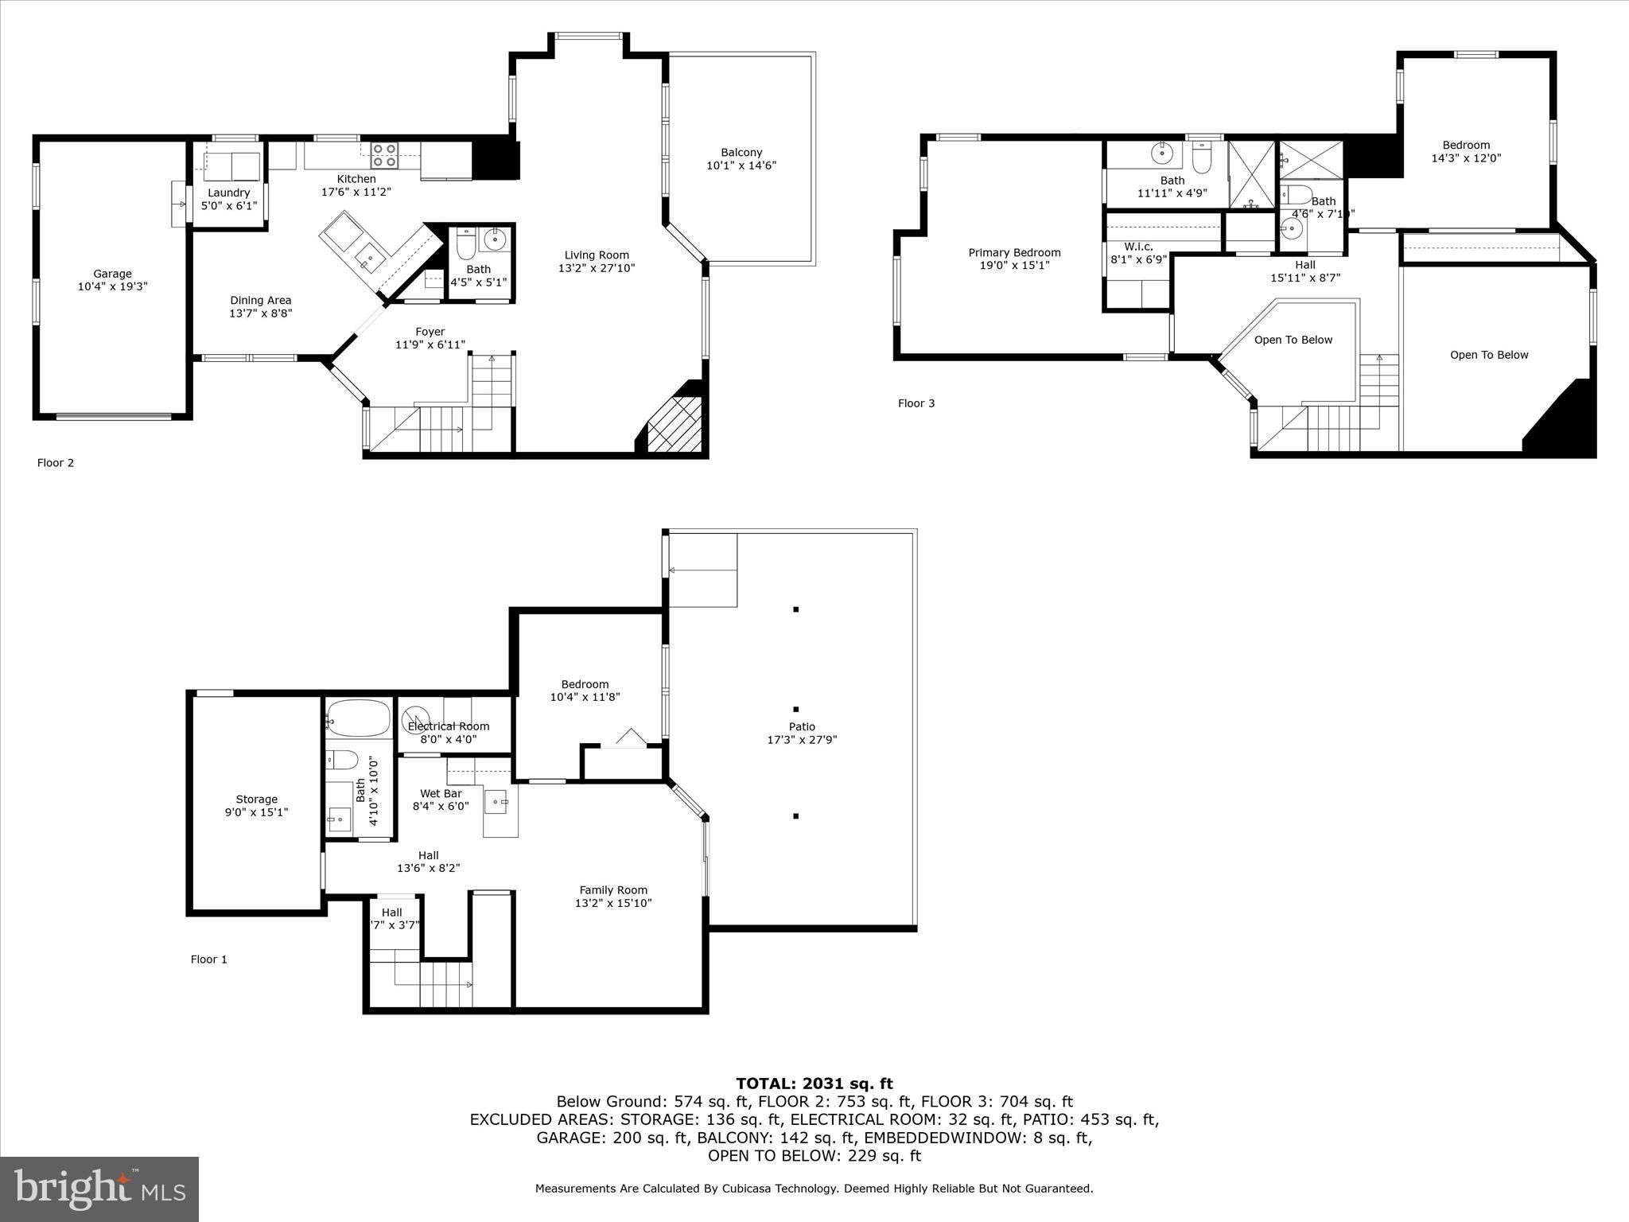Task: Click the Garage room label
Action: click(112, 274)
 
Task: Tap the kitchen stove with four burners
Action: click(384, 154)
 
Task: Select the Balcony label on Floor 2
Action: click(741, 153)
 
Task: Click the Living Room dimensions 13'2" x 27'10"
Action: click(597, 268)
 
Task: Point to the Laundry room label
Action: click(228, 193)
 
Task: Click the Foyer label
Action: click(430, 332)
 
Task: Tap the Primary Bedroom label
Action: click(1014, 253)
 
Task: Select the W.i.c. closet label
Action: click(1138, 247)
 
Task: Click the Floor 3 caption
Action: click(916, 403)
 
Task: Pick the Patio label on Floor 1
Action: click(802, 726)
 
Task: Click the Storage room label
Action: click(256, 800)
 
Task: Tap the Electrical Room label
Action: click(449, 726)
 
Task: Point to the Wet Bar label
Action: click(441, 793)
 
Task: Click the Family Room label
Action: click(613, 890)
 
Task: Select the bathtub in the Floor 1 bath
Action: click(358, 718)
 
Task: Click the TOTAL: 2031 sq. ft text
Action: click(814, 1084)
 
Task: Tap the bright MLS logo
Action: click(99, 1189)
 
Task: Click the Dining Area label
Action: click(261, 300)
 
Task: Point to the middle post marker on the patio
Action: click(795, 709)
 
